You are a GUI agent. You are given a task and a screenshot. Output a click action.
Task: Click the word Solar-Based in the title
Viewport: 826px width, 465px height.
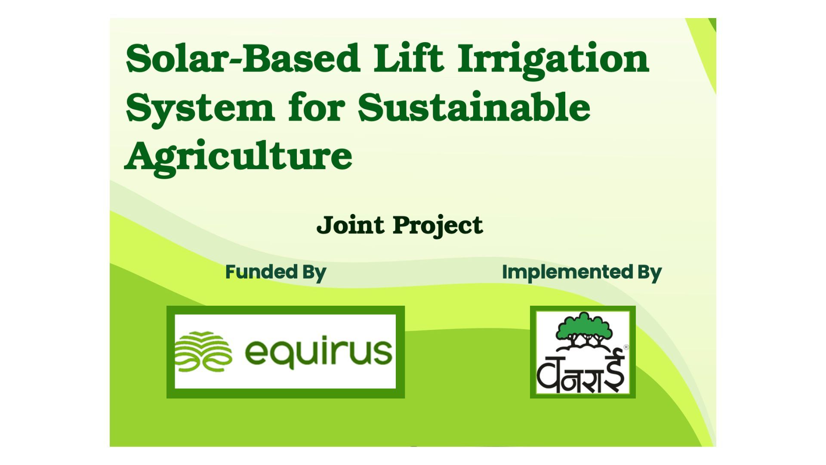click(243, 58)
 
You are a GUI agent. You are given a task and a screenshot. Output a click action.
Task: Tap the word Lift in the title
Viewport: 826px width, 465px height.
click(408, 58)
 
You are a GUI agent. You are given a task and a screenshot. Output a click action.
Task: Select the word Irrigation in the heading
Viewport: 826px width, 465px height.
click(553, 60)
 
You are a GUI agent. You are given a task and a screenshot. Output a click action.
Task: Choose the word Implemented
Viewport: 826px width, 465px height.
click(567, 272)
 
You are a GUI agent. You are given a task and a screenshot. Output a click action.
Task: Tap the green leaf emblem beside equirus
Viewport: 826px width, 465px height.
click(203, 352)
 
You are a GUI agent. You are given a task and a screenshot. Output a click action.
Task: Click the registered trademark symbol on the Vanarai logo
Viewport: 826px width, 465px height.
click(626, 347)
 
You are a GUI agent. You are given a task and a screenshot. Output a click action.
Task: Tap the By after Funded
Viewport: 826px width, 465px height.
click(314, 273)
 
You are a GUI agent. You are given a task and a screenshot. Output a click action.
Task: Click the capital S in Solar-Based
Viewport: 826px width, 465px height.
click(137, 59)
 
